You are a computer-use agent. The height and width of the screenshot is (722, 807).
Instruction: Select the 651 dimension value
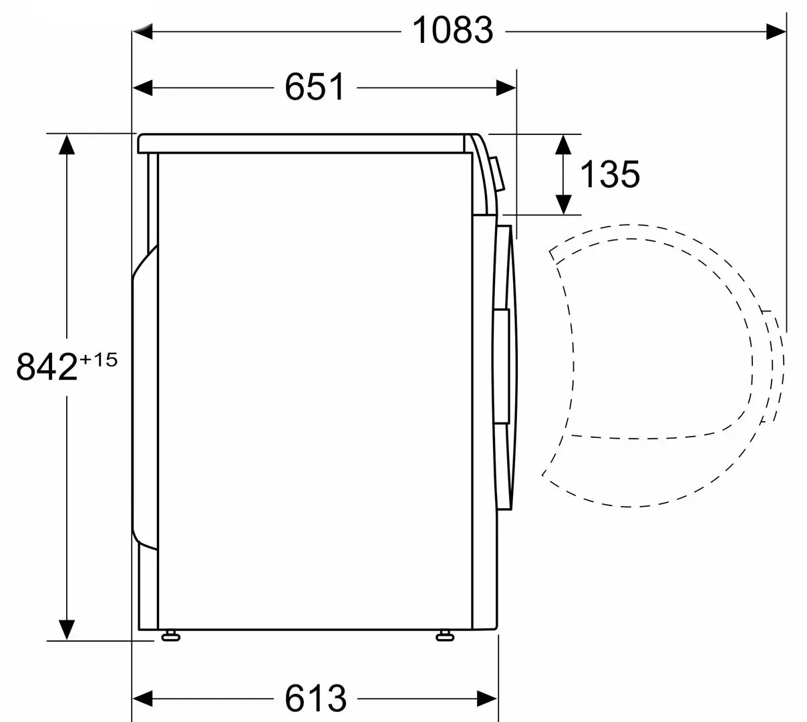click(x=315, y=87)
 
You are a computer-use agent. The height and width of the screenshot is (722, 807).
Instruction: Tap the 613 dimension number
click(x=315, y=698)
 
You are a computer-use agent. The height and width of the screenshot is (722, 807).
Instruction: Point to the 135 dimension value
click(x=610, y=174)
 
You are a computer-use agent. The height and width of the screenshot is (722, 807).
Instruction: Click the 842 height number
click(x=47, y=367)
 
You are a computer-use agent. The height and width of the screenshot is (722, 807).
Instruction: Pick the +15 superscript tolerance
click(x=99, y=360)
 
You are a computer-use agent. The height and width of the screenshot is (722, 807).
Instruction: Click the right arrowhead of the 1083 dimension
click(x=776, y=31)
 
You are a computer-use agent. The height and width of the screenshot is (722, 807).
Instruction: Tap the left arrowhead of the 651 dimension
click(x=142, y=88)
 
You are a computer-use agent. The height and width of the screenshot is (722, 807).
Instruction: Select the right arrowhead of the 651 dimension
click(x=506, y=88)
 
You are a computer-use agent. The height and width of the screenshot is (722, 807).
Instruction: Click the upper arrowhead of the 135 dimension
click(x=563, y=144)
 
